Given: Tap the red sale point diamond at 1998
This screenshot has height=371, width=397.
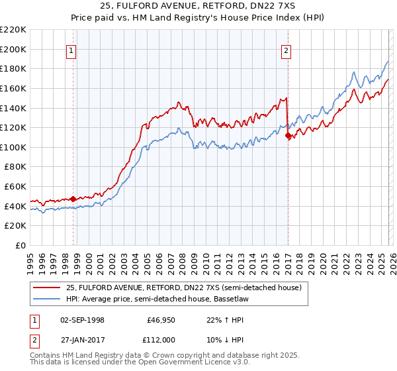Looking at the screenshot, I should [x=73, y=197].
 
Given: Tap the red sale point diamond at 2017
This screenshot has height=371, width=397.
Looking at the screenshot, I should [x=288, y=136].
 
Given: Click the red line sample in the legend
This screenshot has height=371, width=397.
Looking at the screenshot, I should [x=46, y=288].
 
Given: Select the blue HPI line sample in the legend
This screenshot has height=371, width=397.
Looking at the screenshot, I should [x=46, y=299].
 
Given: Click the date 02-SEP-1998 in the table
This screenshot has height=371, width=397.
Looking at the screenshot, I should [x=82, y=319].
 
